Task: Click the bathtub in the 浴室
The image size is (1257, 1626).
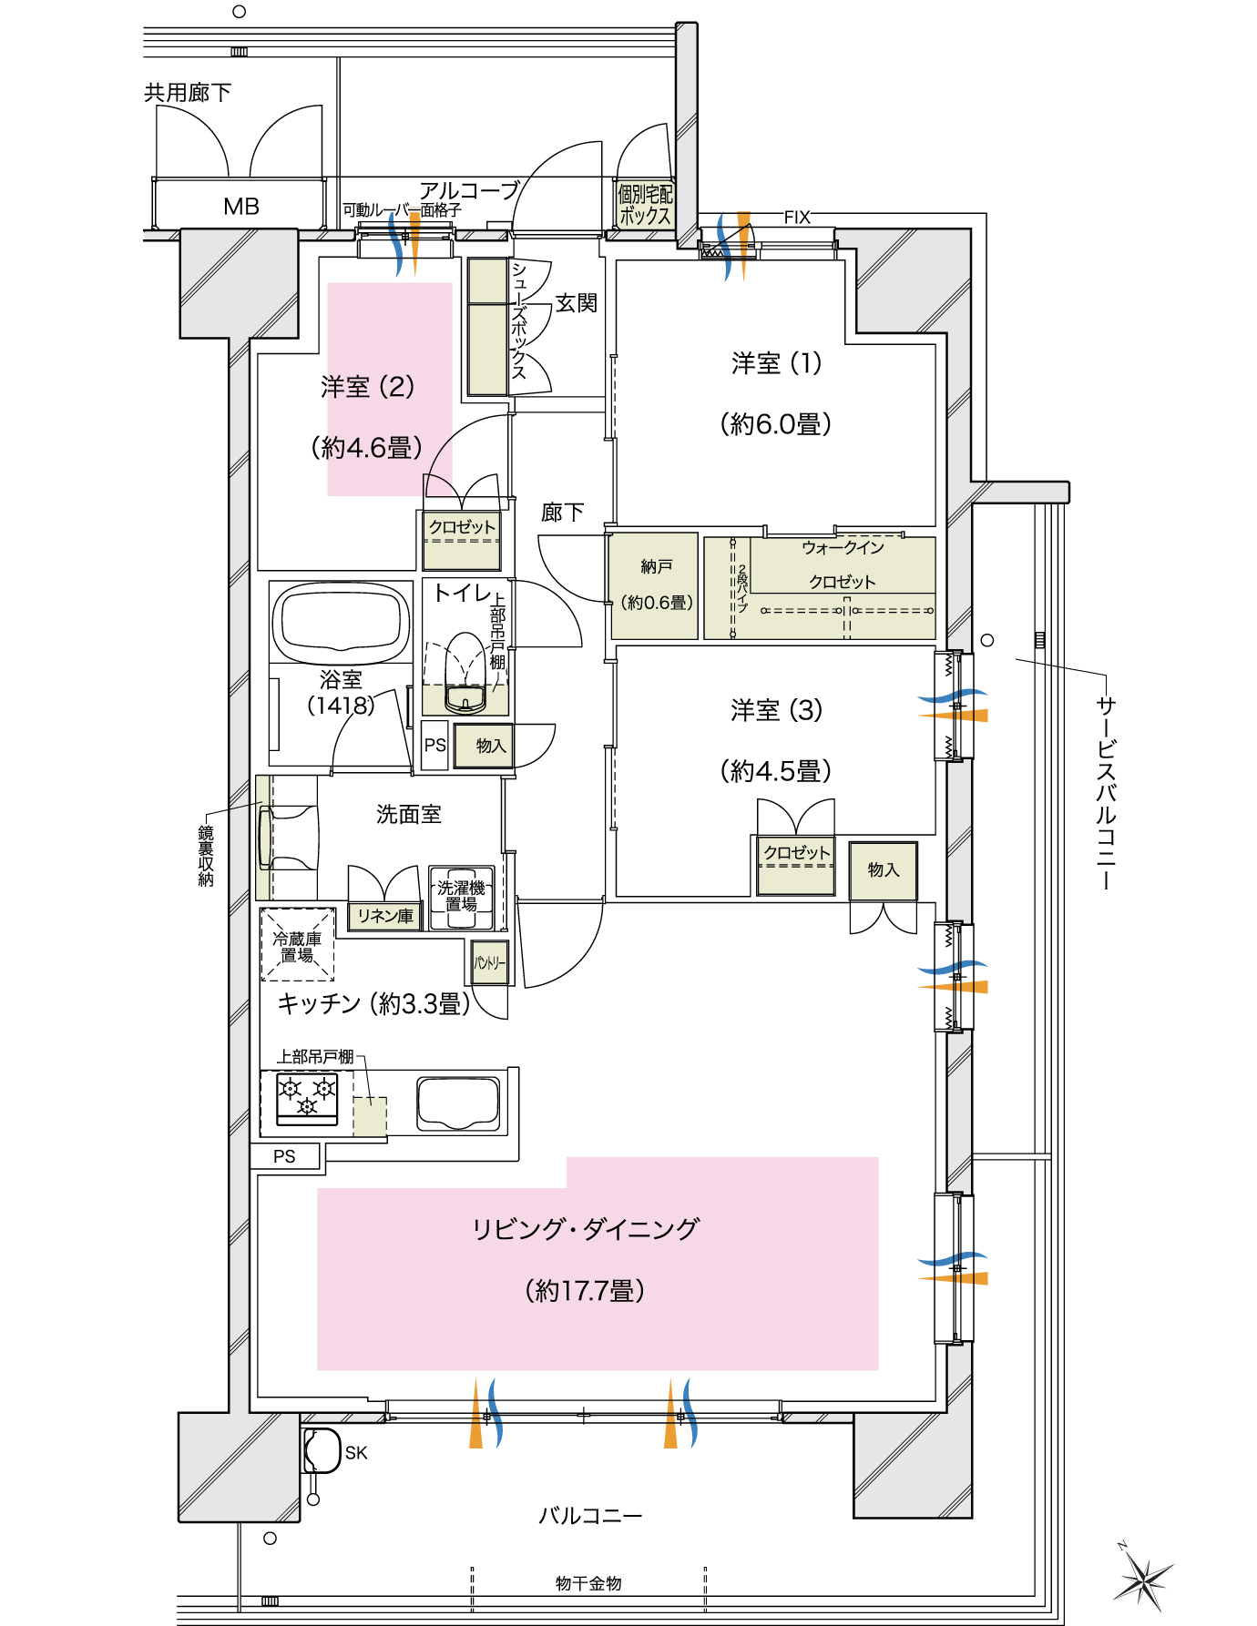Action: tap(340, 622)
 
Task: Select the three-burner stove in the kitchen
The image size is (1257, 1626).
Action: tap(307, 1097)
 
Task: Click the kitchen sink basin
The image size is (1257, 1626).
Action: tap(458, 1103)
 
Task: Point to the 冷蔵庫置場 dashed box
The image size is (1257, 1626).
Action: tap(298, 944)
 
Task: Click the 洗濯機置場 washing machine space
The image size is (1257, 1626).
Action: tap(461, 897)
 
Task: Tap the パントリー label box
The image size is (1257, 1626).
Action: tap(489, 962)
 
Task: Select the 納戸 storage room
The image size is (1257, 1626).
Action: tap(655, 584)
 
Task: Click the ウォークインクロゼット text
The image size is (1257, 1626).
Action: tap(842, 564)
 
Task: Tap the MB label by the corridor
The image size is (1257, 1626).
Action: tap(241, 207)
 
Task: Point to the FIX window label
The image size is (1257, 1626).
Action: tap(797, 217)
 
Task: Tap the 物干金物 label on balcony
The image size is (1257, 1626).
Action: tap(588, 1583)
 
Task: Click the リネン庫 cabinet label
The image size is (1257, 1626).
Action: tap(384, 916)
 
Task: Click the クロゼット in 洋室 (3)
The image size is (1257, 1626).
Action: tap(796, 863)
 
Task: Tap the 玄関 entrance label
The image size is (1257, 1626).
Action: tap(576, 303)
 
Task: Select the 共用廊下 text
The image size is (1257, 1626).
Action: tap(188, 92)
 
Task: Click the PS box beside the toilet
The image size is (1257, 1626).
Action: tap(434, 745)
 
